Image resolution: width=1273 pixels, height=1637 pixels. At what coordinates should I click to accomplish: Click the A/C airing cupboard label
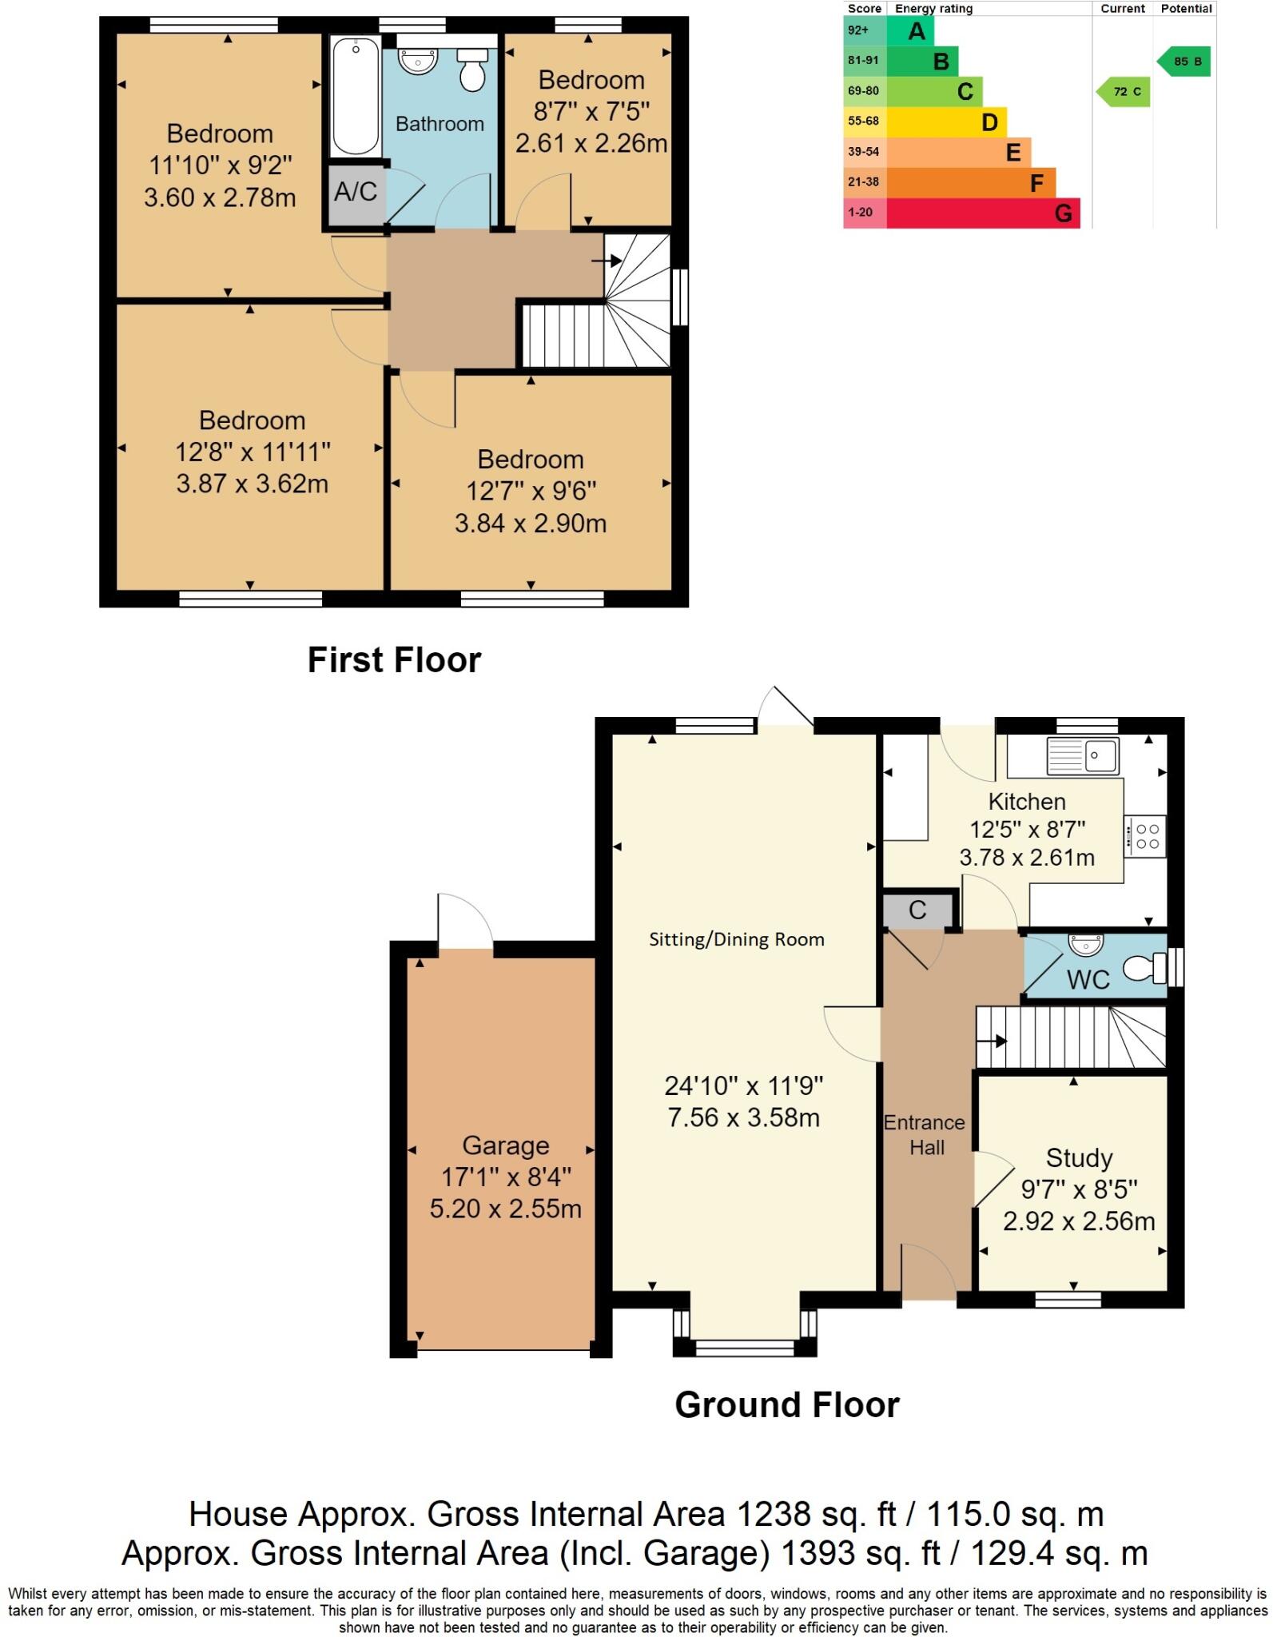click(355, 192)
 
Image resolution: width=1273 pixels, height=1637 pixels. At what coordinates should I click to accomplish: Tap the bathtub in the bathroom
click(355, 97)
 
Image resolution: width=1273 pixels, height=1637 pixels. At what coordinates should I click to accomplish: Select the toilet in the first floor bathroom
click(472, 69)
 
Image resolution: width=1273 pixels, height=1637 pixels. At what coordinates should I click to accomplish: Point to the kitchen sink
click(1083, 755)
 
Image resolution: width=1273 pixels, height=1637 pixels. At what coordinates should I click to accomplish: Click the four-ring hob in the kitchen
click(1146, 836)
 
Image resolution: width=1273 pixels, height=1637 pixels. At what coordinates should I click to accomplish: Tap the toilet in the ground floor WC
click(1145, 969)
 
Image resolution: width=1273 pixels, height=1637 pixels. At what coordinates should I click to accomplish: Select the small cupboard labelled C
click(917, 910)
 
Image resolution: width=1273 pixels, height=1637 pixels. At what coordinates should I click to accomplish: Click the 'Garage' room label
click(506, 1145)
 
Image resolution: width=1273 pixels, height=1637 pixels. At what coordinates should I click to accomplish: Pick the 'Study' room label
click(1079, 1157)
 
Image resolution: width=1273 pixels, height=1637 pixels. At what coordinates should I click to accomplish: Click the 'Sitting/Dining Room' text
click(736, 939)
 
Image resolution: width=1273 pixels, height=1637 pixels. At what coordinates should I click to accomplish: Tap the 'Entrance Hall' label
click(925, 1134)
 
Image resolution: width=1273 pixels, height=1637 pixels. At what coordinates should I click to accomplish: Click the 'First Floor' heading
click(394, 660)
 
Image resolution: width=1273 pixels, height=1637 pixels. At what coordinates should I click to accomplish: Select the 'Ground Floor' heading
click(787, 1404)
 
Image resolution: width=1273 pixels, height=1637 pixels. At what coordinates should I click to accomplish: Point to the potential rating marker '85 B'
click(1183, 62)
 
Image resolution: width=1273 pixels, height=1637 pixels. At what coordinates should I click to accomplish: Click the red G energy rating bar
click(983, 213)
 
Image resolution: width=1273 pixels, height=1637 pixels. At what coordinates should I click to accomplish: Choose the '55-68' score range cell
click(863, 121)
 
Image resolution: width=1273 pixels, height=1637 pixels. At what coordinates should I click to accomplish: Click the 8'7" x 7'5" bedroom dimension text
click(591, 111)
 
